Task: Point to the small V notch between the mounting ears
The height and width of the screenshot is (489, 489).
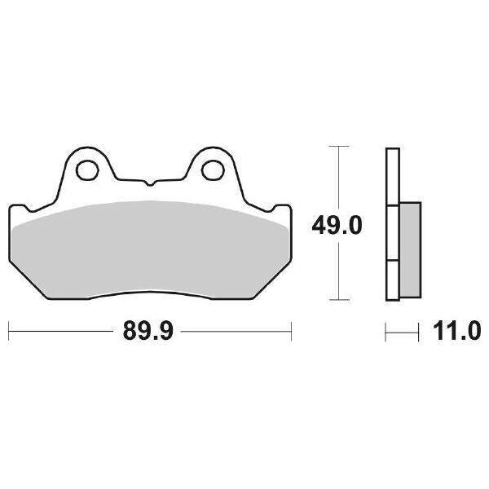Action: click(x=148, y=180)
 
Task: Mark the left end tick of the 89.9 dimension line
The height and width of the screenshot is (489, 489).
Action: click(x=8, y=332)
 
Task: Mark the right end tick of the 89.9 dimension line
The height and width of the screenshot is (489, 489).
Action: click(x=291, y=332)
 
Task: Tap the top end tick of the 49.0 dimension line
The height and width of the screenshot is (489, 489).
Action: click(x=338, y=147)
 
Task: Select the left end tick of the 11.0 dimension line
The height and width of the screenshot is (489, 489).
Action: click(x=386, y=332)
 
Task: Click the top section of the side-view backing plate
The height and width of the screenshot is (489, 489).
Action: click(x=392, y=175)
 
